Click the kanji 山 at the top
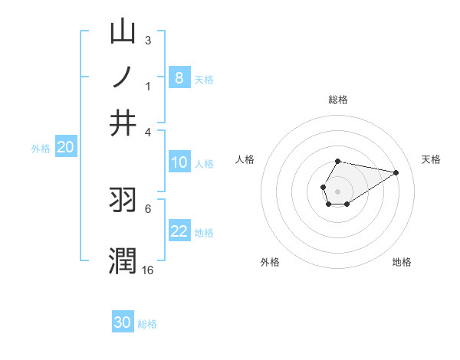(x=123, y=31)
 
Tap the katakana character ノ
(x=123, y=77)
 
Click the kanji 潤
(x=123, y=260)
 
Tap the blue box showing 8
(x=179, y=78)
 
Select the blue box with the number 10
(x=179, y=162)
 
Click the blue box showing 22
(x=179, y=232)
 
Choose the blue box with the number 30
(x=123, y=322)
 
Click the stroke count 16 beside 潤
(x=148, y=270)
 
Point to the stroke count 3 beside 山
(x=148, y=40)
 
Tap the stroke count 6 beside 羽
(x=148, y=208)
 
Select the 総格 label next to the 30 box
(x=147, y=323)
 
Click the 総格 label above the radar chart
(x=338, y=100)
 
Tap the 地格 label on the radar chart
(x=402, y=262)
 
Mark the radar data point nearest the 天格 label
(x=396, y=172)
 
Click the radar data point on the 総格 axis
(x=338, y=161)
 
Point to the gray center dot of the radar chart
(x=338, y=190)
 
